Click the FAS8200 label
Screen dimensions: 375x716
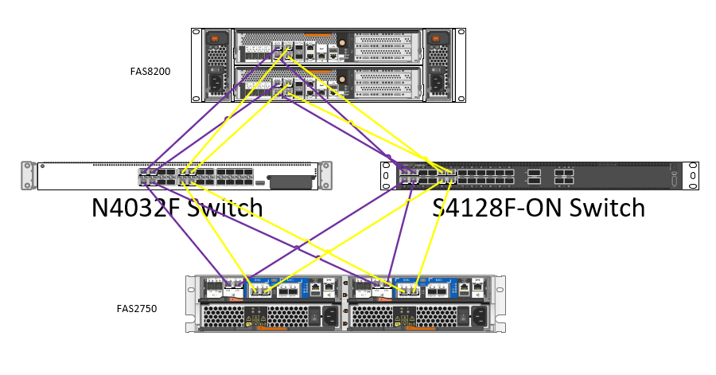[x=150, y=71]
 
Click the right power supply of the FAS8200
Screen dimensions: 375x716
[x=438, y=64]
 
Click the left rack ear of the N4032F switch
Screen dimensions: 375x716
[x=29, y=175]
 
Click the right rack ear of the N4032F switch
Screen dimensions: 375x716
[x=325, y=175]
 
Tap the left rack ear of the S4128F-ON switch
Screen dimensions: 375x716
[x=387, y=175]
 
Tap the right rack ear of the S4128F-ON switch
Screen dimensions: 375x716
[x=693, y=175]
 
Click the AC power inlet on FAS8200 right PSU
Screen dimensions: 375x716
[x=438, y=82]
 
